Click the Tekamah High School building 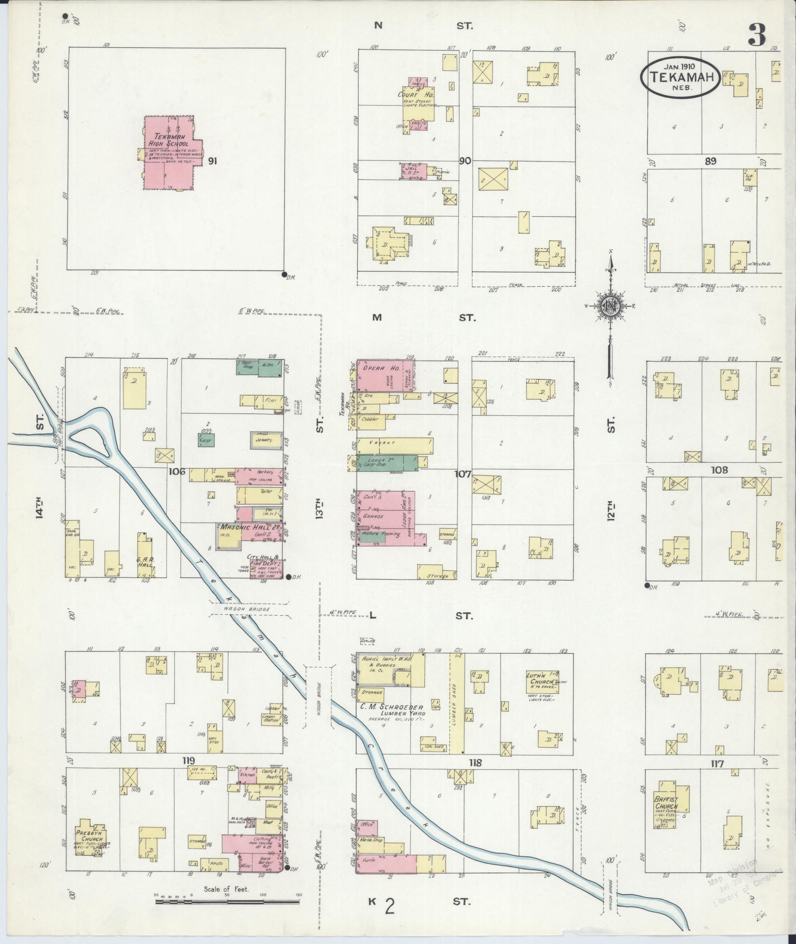click(168, 153)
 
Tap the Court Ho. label click(416, 94)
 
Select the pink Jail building click(414, 171)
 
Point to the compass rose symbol click(610, 307)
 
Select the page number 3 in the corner click(757, 35)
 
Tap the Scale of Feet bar click(227, 901)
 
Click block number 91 click(213, 161)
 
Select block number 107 click(463, 474)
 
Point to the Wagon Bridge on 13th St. click(318, 696)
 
